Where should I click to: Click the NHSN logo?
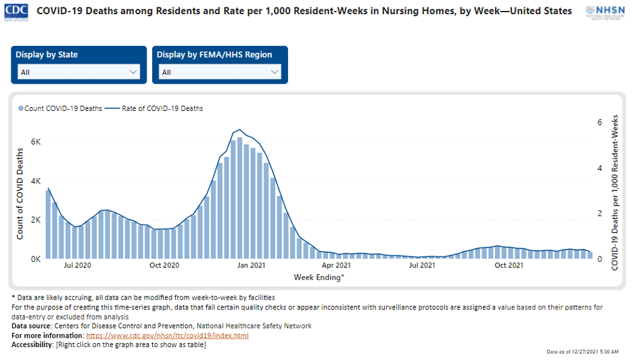[x=605, y=12]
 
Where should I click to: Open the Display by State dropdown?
[x=80, y=72]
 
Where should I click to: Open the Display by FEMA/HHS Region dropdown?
[x=220, y=72]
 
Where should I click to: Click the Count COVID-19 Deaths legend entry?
[x=60, y=108]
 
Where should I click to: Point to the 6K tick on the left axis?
[x=35, y=142]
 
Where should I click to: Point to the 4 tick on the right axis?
[x=599, y=168]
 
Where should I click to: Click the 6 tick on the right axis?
[x=599, y=122]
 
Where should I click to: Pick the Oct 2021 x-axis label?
[x=509, y=265]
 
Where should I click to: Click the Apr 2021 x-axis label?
[x=336, y=265]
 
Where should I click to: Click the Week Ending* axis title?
[x=319, y=277]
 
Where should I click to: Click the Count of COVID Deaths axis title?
[x=20, y=194]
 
